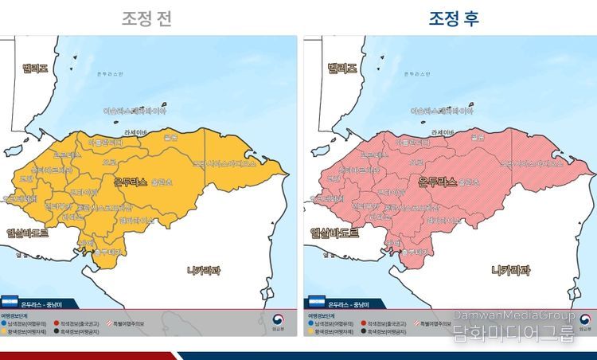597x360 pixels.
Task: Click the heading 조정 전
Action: pos(146,18)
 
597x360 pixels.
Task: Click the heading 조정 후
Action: pos(454,18)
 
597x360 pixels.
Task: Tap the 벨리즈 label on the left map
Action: pos(34,69)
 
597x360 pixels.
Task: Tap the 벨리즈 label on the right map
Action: pos(342,69)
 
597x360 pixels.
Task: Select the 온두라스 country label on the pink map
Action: pos(438,182)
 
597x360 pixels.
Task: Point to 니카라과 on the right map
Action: pos(510,270)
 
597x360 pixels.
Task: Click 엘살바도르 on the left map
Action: pos(28,233)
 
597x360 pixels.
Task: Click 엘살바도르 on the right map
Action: pos(333,233)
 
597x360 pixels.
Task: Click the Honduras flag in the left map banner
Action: pos(10,303)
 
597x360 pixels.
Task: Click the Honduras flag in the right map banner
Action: pos(315,303)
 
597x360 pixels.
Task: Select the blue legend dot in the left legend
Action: pos(5,323)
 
